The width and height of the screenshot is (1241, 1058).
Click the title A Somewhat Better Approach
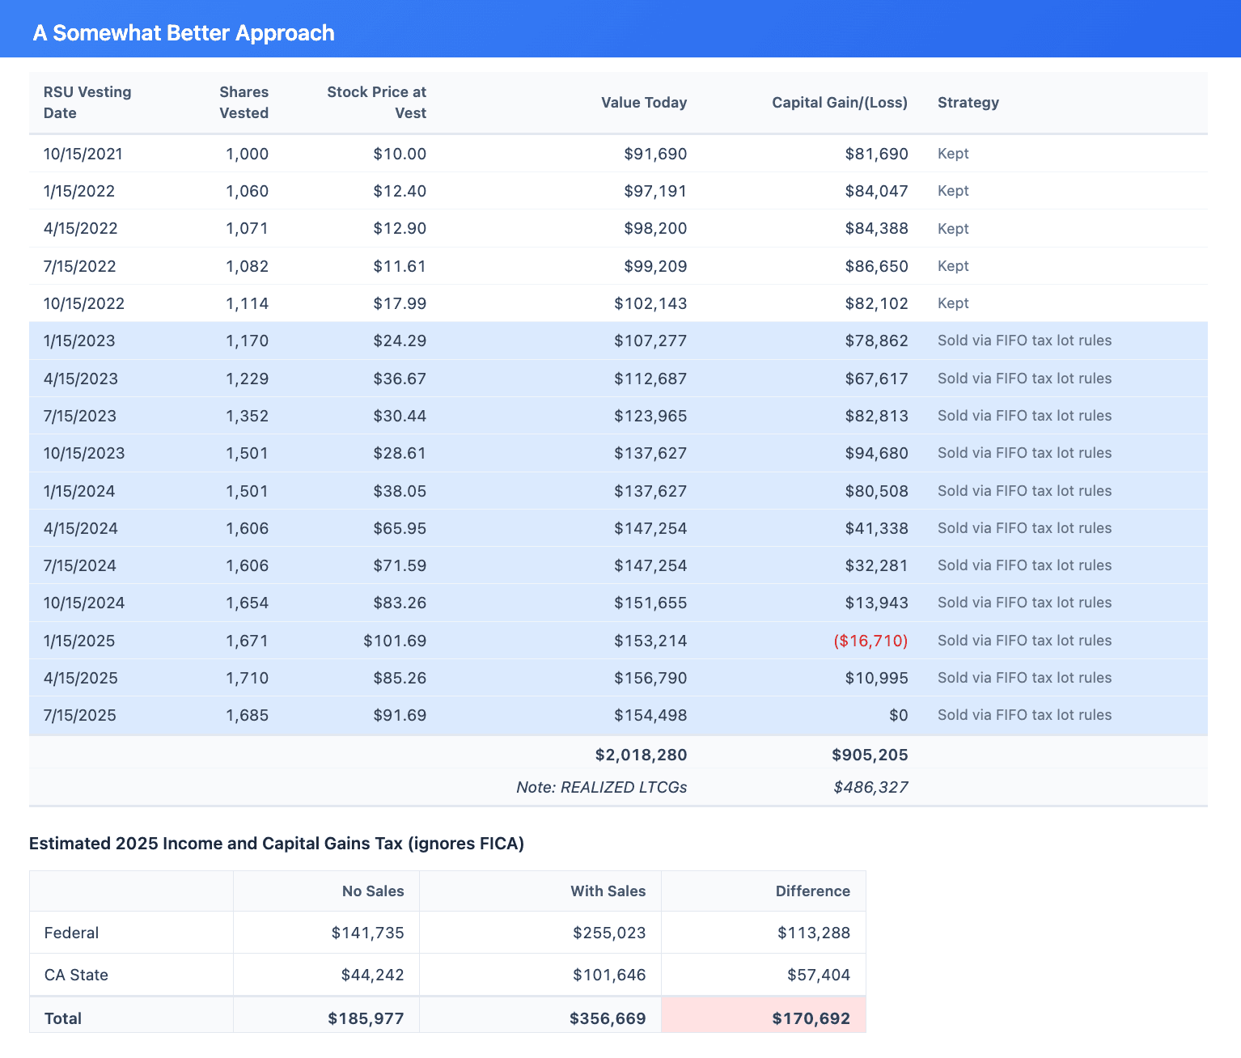point(184,33)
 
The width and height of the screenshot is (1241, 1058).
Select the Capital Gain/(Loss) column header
point(839,103)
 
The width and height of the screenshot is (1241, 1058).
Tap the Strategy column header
point(968,103)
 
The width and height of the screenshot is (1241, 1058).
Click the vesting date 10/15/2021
point(83,154)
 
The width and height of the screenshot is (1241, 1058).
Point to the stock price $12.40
point(399,191)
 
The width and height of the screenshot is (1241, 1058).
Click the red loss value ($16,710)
point(870,641)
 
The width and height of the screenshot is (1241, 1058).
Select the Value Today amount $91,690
point(654,154)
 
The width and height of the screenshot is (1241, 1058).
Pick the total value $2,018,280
point(641,755)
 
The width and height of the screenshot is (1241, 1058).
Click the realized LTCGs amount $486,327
point(870,787)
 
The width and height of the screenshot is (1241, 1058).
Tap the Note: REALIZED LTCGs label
point(601,787)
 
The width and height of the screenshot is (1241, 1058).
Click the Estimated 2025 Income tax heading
point(277,844)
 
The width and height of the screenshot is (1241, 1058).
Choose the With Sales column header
point(608,891)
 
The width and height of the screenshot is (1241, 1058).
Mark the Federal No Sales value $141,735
point(367,933)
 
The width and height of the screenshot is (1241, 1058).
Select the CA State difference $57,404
point(818,975)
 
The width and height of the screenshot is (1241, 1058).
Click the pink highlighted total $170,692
point(811,1018)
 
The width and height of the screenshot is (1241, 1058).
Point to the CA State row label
point(76,975)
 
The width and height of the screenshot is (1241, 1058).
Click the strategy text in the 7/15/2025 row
point(1024,715)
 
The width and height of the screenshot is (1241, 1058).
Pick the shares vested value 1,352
point(247,416)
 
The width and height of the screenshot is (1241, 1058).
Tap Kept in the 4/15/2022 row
point(953,229)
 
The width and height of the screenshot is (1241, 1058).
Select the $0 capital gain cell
point(898,715)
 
